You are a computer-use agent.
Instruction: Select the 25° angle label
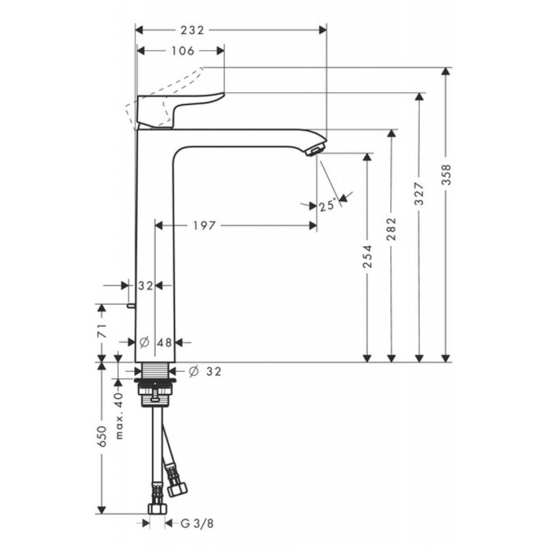[328, 204]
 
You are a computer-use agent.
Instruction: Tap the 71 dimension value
[102, 332]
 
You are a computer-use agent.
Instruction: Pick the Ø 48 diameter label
[155, 342]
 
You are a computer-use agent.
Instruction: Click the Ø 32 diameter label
[205, 371]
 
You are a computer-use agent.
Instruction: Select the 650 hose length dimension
[102, 438]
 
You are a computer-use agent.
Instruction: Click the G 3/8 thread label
[195, 524]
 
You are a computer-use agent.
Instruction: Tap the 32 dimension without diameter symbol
[146, 286]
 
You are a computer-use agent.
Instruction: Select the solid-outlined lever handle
[179, 108]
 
